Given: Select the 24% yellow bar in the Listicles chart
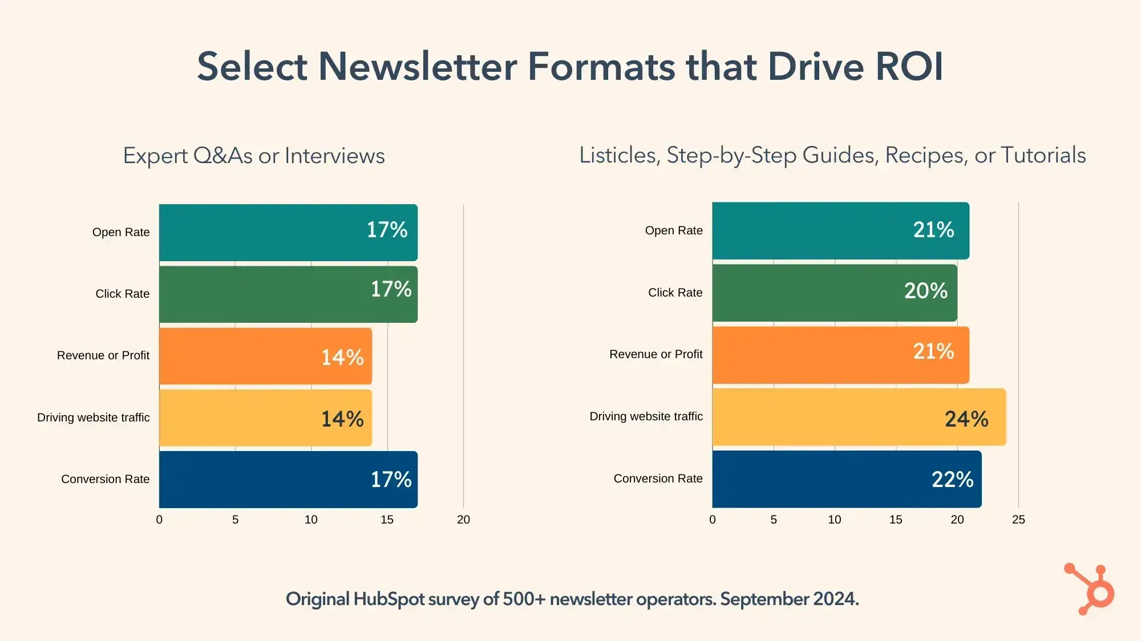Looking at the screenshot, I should click(x=859, y=417).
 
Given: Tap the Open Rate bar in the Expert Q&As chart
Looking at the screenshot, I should click(x=288, y=233).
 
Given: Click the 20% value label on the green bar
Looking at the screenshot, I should click(x=925, y=291).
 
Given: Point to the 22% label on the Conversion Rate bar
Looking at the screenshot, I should click(x=952, y=480).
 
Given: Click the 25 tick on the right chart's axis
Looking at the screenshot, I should click(x=1018, y=520).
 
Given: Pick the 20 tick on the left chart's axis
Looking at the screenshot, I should click(x=463, y=520).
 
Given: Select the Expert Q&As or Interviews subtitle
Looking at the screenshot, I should click(x=254, y=156).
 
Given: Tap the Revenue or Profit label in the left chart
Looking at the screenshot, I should click(x=103, y=355).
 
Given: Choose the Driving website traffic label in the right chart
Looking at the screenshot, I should click(x=646, y=416).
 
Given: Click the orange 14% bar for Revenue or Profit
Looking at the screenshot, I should click(x=265, y=356).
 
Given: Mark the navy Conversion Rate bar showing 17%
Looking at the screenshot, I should click(x=288, y=480).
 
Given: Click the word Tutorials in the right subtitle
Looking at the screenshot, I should click(x=1043, y=155).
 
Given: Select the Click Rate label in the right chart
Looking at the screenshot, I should click(x=675, y=293).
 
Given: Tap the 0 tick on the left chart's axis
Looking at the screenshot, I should click(x=159, y=520).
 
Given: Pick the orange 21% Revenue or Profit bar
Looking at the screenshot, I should click(x=840, y=355).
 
